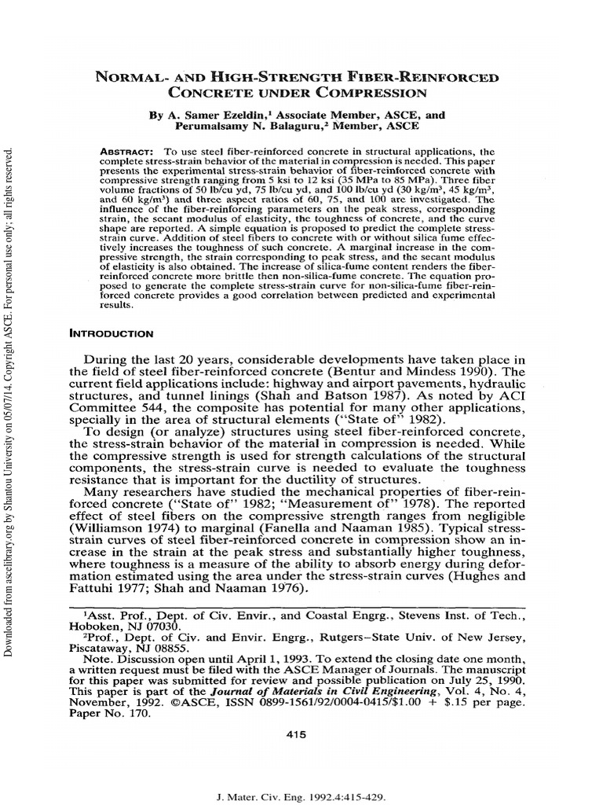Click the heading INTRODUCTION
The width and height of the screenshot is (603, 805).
[112, 333]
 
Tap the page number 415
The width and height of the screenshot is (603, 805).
[301, 734]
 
